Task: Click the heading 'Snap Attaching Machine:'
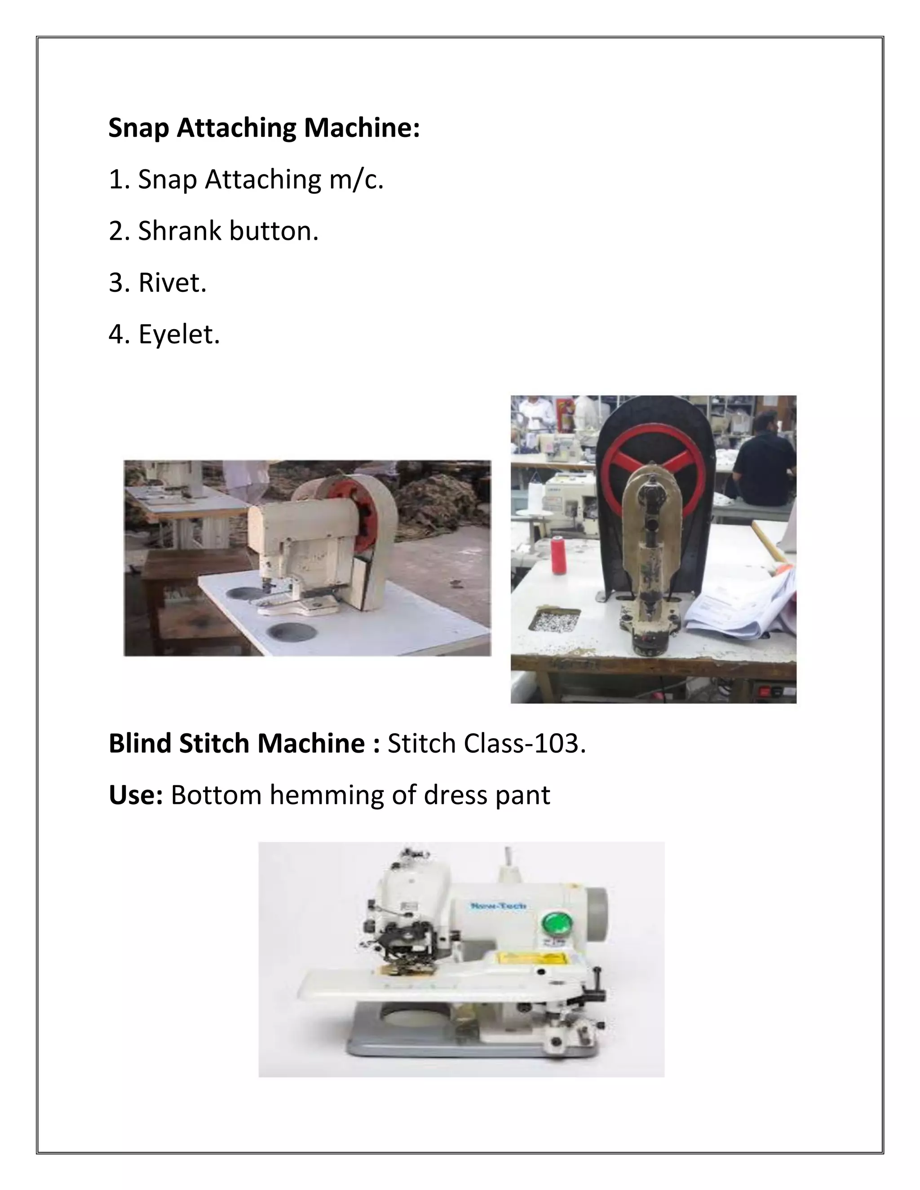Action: (x=264, y=128)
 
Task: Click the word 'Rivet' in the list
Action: (x=171, y=283)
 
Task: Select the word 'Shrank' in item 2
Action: (x=179, y=231)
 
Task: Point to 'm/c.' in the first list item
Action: (x=356, y=180)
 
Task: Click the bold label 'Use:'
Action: (x=136, y=795)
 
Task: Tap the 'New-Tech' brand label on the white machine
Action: (x=498, y=906)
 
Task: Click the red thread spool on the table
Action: (x=558, y=555)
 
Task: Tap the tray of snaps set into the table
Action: (x=554, y=620)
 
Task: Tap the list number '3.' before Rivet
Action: (x=118, y=283)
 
